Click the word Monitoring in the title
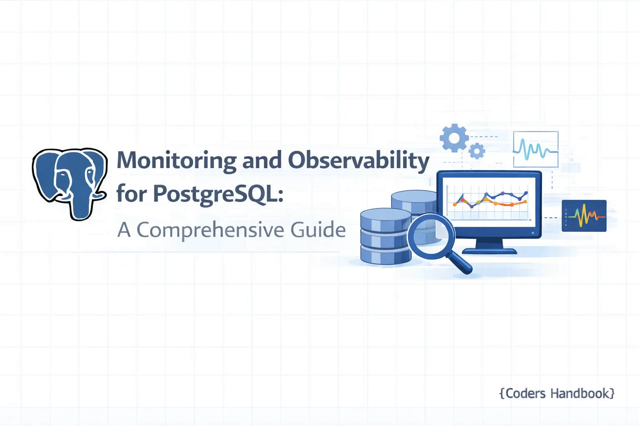[177, 161]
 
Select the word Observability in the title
[359, 161]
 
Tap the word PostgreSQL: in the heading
[218, 194]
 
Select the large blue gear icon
[454, 138]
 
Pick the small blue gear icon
[477, 151]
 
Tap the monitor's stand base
[489, 251]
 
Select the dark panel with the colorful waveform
[584, 215]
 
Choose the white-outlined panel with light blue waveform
[535, 149]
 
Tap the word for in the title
[131, 194]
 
